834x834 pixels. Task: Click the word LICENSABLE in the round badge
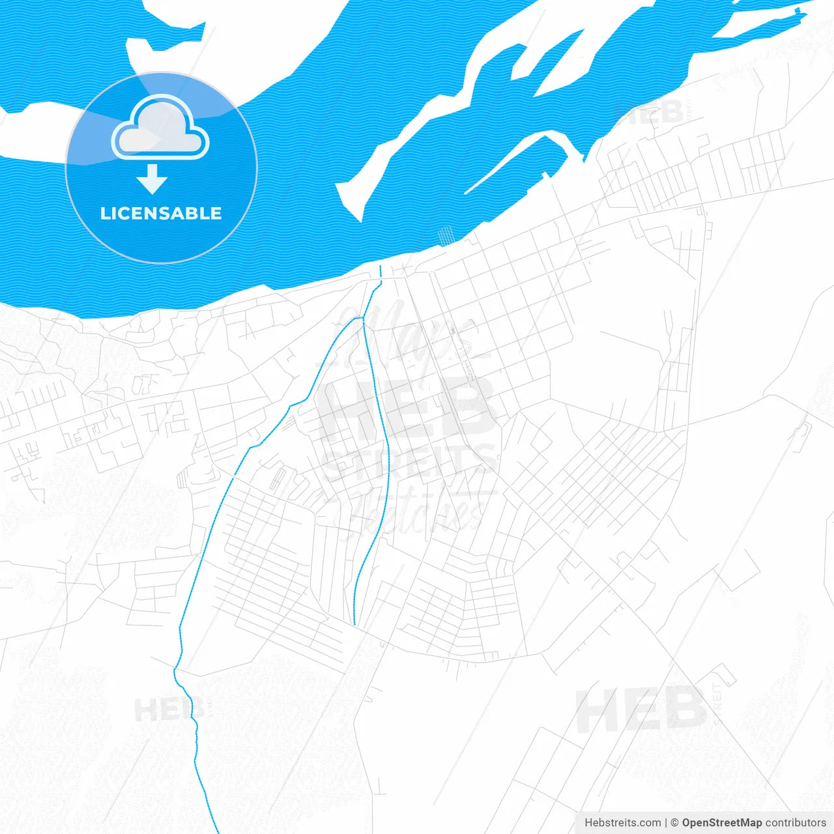point(161,213)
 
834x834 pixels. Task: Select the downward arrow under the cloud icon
point(152,179)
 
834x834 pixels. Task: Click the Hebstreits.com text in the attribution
point(622,823)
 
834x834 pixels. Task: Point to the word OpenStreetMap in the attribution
point(721,823)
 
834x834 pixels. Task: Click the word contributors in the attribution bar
point(796,823)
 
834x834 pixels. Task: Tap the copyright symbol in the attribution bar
point(674,823)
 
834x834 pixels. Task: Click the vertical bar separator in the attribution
point(665,823)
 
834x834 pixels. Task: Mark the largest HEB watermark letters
point(407,409)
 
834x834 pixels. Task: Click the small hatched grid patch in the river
point(446,235)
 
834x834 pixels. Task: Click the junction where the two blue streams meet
point(362,317)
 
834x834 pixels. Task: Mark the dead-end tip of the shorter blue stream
point(354,624)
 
